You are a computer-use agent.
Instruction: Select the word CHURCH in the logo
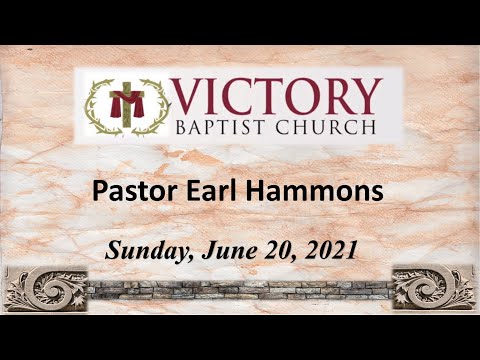coord(331,127)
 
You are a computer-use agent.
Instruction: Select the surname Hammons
coord(317,191)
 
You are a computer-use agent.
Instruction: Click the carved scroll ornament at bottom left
coord(44,289)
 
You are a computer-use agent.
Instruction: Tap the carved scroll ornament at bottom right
coord(432,289)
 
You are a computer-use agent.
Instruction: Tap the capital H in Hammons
coord(265,191)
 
